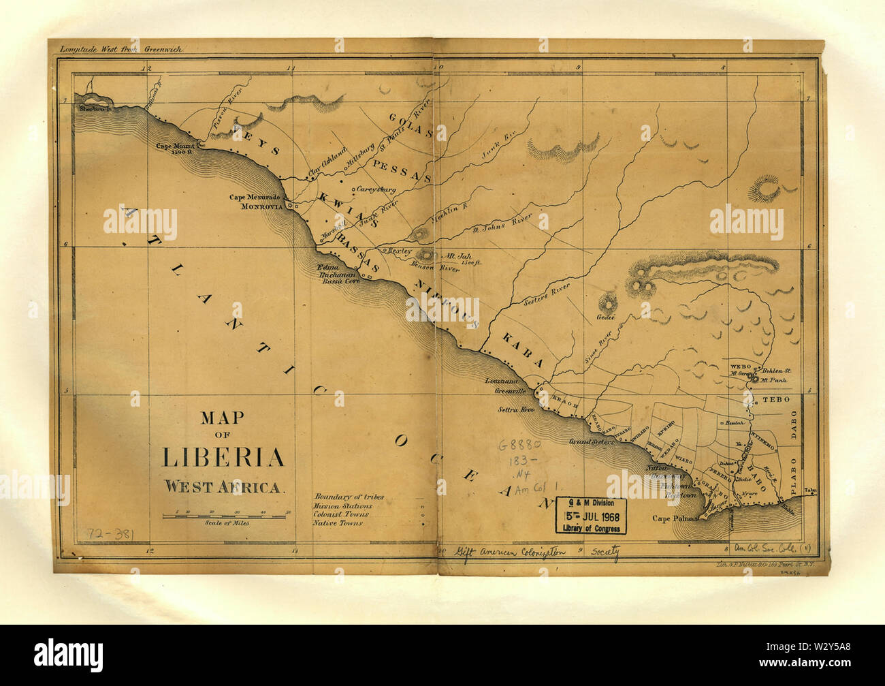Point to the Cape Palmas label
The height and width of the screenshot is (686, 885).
tap(676, 518)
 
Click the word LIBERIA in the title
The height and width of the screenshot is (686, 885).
tap(223, 456)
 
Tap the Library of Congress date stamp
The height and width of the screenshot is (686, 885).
tap(590, 516)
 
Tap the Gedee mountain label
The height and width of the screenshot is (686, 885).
tap(605, 317)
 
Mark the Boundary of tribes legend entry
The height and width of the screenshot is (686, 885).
tap(348, 497)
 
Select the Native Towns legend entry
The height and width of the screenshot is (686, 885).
tap(337, 523)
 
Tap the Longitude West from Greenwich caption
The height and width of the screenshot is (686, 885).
tap(120, 49)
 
